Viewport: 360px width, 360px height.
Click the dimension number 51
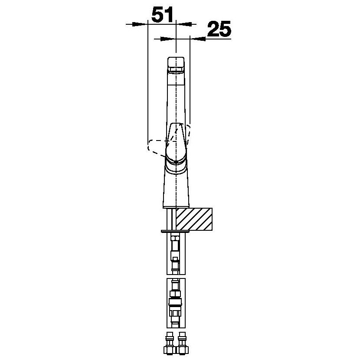162,15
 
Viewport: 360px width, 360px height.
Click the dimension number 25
219,29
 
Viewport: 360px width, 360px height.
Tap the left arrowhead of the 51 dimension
140,24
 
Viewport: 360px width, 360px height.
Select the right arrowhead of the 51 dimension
183,24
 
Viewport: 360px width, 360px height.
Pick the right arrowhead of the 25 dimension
198,39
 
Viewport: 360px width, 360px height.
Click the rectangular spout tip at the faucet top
176,65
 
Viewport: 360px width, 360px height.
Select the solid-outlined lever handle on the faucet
176,143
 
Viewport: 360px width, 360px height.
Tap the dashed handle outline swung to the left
157,148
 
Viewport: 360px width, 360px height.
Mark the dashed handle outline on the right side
188,134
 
